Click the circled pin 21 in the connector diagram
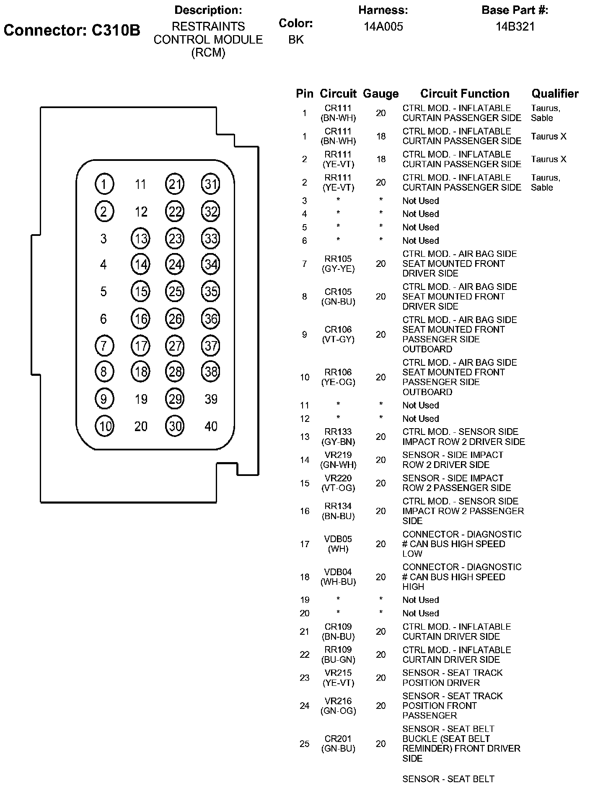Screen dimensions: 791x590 175,184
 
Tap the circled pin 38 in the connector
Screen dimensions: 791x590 211,372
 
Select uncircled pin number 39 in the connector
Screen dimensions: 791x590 211,399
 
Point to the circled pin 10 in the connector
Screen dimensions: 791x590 104,426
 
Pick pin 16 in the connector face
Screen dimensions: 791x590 141,319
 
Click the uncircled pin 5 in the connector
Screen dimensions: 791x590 104,292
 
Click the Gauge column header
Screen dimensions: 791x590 380,94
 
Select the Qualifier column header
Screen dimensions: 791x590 555,94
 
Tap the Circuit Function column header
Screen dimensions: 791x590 465,94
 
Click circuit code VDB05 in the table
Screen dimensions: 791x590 338,539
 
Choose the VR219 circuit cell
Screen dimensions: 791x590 338,455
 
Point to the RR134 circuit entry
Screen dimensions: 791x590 338,507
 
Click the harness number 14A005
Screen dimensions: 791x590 383,27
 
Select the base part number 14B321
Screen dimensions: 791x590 515,27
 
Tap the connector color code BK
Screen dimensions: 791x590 296,40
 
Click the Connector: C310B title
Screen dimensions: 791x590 72,30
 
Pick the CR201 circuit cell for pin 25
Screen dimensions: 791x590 338,739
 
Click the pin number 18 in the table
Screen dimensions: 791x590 305,577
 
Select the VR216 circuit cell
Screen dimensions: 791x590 338,701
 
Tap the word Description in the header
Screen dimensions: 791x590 208,10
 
